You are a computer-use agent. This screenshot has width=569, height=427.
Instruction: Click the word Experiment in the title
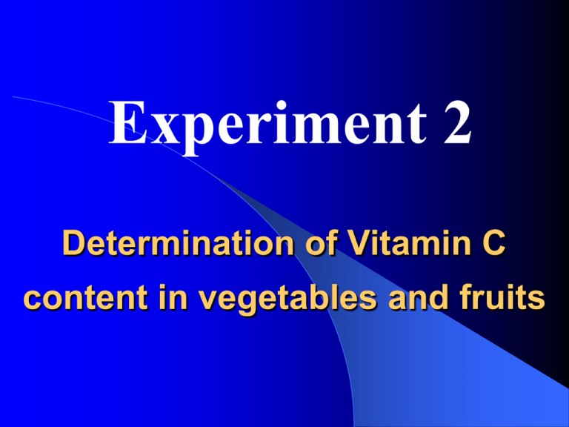point(267,125)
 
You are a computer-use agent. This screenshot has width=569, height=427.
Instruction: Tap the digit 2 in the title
point(458,122)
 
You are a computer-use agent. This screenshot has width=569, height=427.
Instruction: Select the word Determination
point(178,242)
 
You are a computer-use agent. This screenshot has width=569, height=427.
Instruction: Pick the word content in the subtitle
point(85,298)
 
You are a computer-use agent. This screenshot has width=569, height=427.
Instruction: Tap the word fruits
point(502,297)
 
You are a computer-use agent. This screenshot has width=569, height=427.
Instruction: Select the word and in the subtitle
point(418,297)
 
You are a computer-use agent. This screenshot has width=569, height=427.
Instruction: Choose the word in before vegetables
point(173,297)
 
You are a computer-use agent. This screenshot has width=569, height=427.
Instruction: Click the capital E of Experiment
point(127,122)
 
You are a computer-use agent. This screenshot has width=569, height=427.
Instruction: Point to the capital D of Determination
point(74,242)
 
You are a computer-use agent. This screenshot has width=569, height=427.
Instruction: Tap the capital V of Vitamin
point(360,242)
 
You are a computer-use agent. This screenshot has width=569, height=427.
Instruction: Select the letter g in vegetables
point(249,303)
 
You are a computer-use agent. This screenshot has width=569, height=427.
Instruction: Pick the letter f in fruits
point(467,297)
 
